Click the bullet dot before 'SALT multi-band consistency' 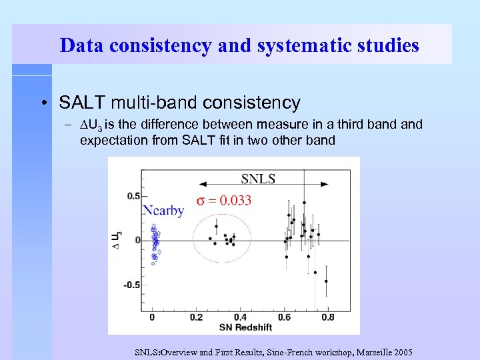[43, 103]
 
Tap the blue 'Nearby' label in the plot [163, 211]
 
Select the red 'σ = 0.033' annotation [223, 201]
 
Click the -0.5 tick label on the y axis [133, 285]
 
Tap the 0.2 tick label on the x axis [197, 317]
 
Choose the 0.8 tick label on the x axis [327, 317]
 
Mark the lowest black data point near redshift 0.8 [326, 281]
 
